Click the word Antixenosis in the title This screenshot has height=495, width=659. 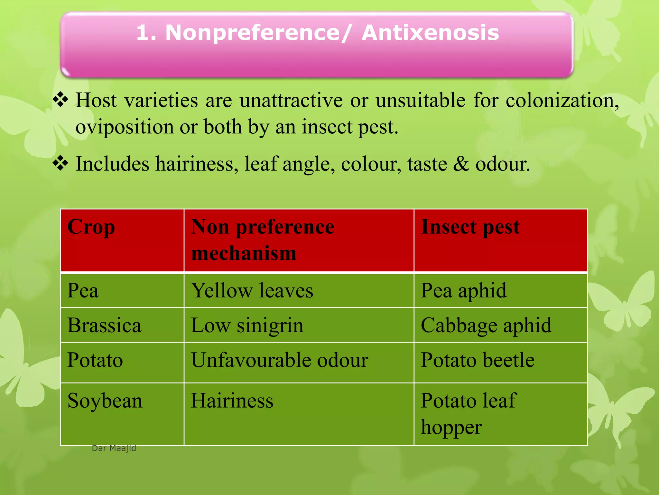(430, 33)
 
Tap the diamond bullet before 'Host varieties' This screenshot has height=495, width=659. (60, 100)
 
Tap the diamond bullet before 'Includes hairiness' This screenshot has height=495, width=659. (60, 163)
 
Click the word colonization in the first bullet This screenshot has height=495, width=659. (562, 100)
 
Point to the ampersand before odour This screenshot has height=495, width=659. (461, 164)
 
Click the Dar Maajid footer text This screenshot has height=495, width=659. (114, 448)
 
